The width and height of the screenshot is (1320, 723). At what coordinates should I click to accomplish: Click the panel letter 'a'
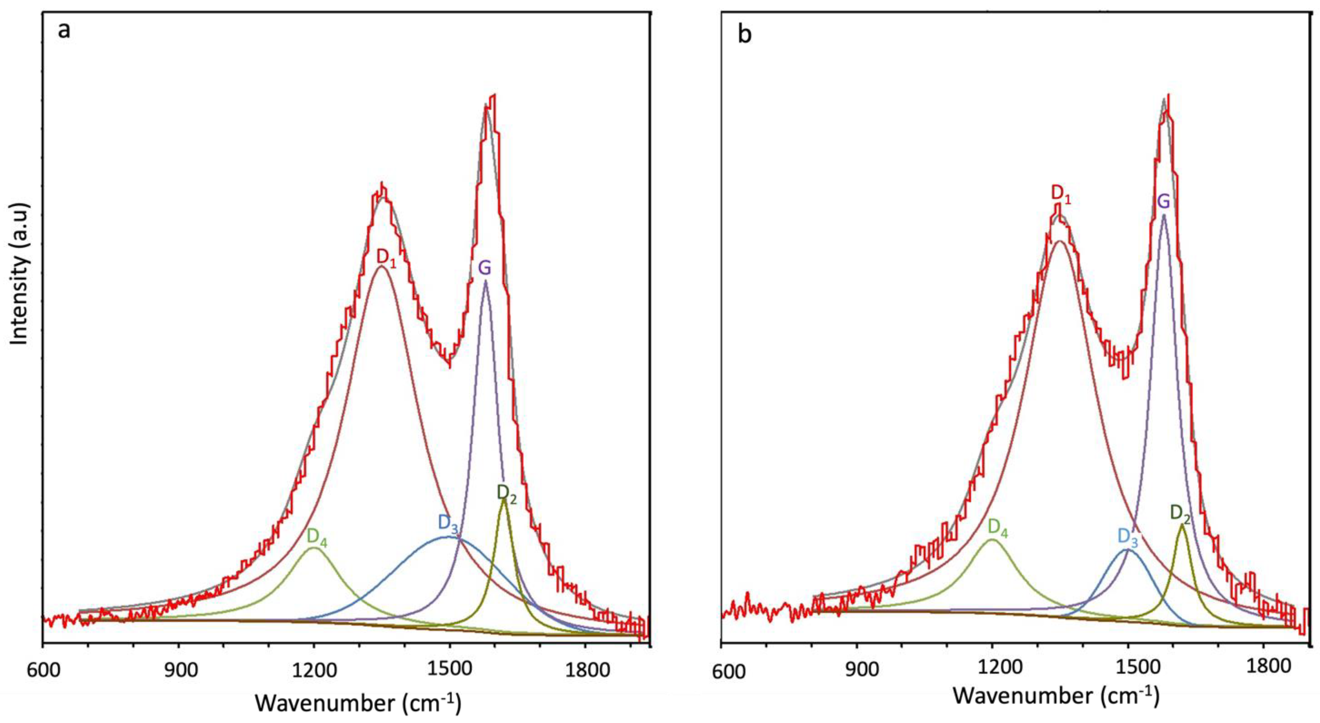[64, 31]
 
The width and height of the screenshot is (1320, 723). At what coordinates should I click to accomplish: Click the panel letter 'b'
[745, 35]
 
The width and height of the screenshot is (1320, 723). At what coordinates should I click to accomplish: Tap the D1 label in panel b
[1061, 194]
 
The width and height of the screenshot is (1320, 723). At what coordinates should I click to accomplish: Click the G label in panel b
[1164, 202]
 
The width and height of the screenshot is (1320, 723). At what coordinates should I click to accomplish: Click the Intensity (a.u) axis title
[20, 273]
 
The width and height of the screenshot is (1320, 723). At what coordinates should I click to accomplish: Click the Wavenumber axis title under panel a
[358, 702]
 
